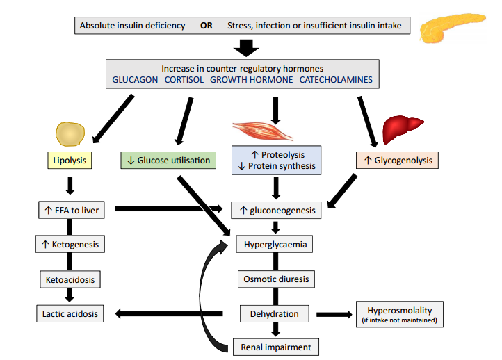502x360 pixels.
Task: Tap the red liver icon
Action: pyautogui.click(x=404, y=127)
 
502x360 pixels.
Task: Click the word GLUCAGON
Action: pyautogui.click(x=134, y=80)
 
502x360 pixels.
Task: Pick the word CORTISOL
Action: pyautogui.click(x=184, y=80)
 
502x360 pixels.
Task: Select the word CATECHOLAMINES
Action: pyautogui.click(x=336, y=80)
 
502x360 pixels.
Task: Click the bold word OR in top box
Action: pyautogui.click(x=207, y=26)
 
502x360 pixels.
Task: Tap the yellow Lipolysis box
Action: pyautogui.click(x=70, y=161)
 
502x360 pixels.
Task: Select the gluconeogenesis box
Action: pyautogui.click(x=277, y=210)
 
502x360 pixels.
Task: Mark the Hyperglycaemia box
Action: pyautogui.click(x=276, y=245)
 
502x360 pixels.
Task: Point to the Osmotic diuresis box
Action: pyautogui.click(x=276, y=279)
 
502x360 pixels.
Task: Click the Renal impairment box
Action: pyautogui.click(x=276, y=346)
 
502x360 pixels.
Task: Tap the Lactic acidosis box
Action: pyautogui.click(x=70, y=313)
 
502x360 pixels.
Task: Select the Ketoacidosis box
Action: pyautogui.click(x=70, y=279)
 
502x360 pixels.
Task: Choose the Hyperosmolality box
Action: pyautogui.click(x=399, y=313)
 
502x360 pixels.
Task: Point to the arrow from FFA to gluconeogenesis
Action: pyautogui.click(x=167, y=208)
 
